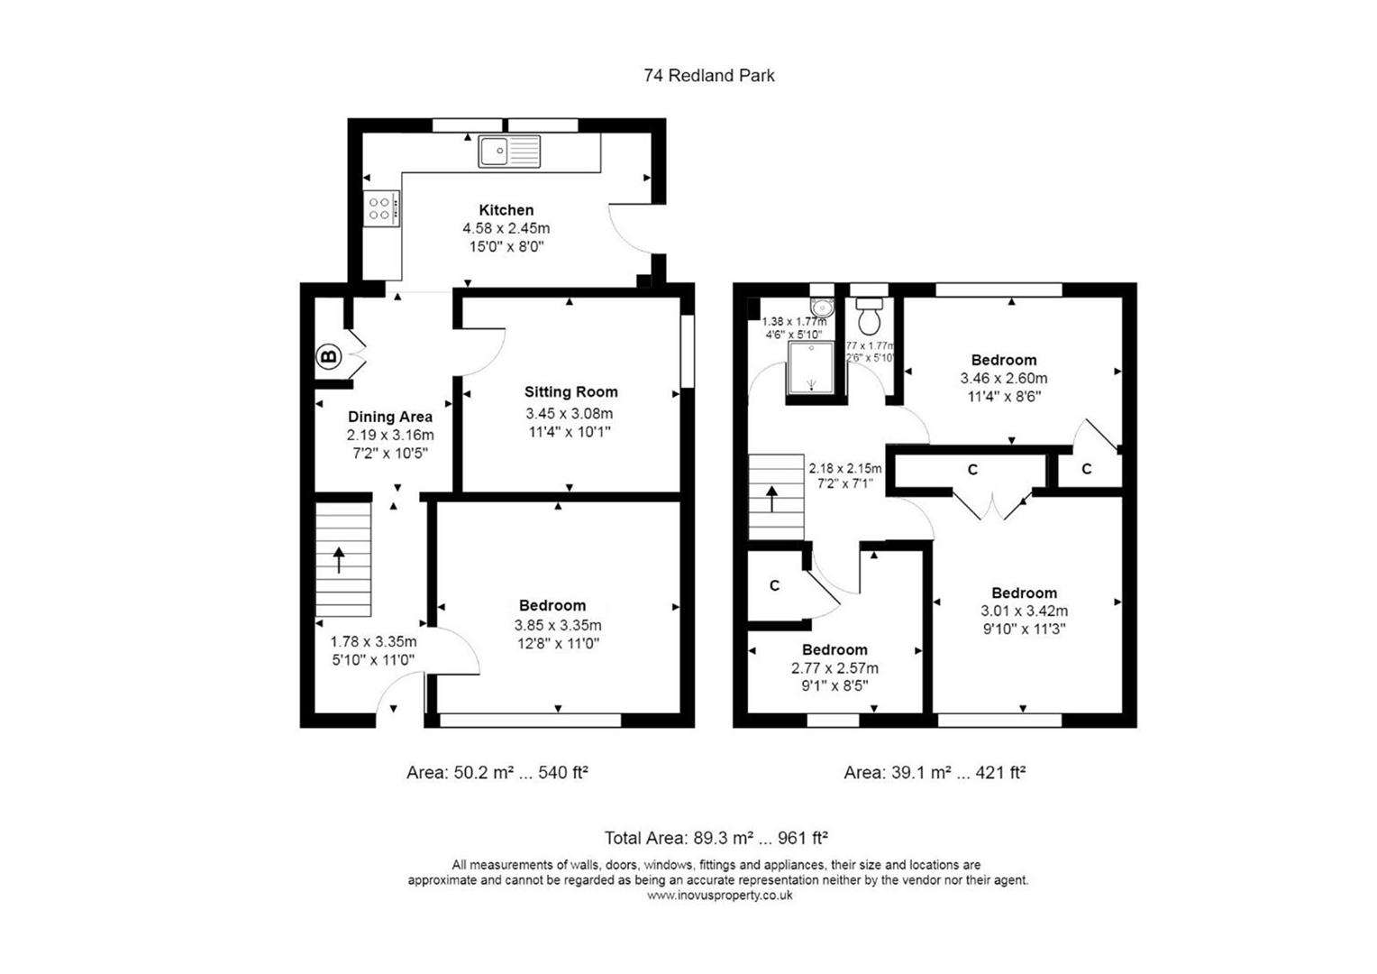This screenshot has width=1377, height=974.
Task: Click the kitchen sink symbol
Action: point(509,152)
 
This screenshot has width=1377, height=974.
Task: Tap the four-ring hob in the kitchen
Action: point(380,209)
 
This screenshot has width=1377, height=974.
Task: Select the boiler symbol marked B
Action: point(329,357)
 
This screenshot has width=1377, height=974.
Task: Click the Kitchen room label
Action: point(506,210)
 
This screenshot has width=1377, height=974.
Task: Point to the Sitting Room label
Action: point(570,392)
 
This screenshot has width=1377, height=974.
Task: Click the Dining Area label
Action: point(389,417)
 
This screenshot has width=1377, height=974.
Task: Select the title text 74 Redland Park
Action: point(708,76)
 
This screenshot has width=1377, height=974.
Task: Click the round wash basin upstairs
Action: point(821,307)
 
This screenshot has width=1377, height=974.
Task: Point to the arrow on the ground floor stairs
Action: point(339,560)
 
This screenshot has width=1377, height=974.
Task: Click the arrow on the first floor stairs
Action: point(771,498)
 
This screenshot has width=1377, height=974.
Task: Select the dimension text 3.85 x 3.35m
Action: point(558,625)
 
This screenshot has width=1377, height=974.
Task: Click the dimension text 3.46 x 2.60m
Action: point(1003,379)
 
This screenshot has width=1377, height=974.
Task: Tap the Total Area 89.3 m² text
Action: point(716,838)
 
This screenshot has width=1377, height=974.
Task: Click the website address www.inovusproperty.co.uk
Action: point(719,896)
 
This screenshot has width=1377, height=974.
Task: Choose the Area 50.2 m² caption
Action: point(497,773)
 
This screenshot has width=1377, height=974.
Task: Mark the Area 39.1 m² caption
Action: point(934,773)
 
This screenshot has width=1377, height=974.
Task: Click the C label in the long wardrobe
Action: point(972,470)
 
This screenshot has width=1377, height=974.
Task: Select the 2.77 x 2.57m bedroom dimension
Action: point(834,668)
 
